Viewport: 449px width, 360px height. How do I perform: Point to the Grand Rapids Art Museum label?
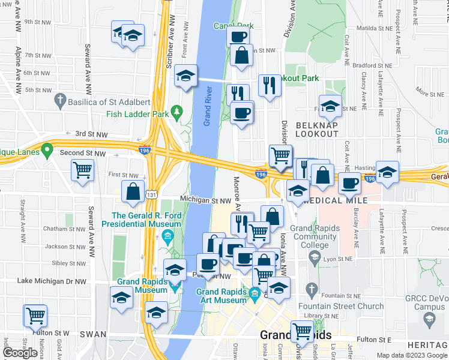222,296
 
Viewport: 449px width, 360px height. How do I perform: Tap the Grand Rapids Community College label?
315,236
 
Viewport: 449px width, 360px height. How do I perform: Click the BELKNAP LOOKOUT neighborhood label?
318,128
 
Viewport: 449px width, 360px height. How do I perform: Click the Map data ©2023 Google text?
411,355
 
